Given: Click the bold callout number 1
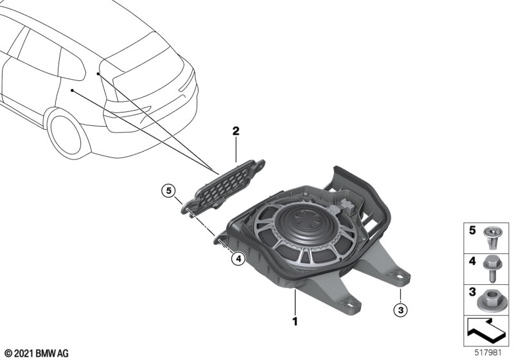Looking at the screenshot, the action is point(295,319).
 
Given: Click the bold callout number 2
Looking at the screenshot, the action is point(236,131).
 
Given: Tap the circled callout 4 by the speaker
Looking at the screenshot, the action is point(238,259).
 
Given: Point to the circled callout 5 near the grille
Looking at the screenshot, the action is point(168,190).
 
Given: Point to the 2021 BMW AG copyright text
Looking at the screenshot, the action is point(36,353).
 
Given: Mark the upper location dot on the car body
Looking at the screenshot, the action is point(98,74).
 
